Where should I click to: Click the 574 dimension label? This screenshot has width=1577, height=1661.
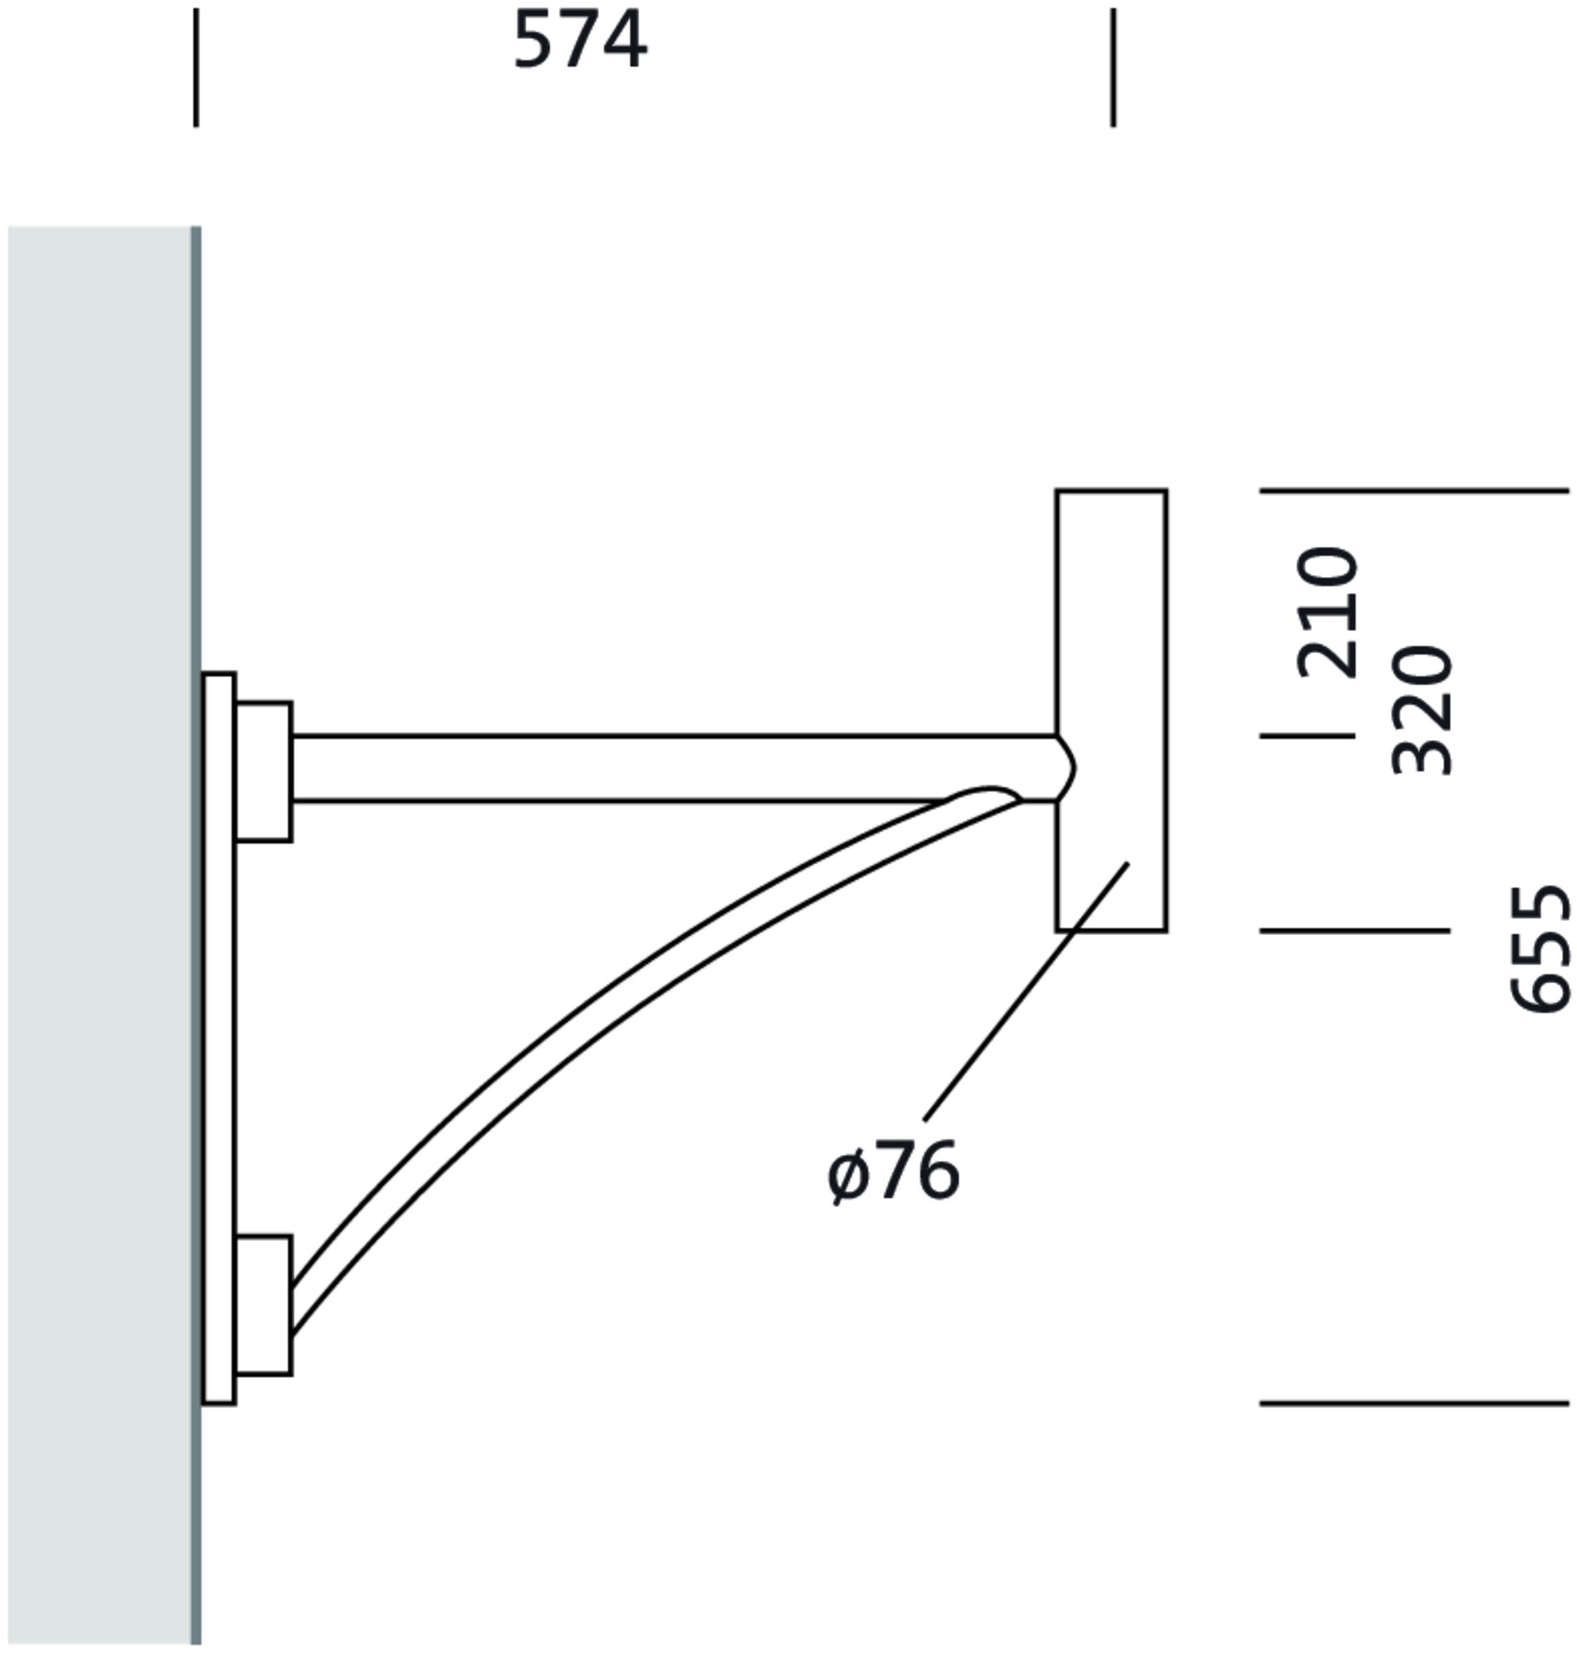pos(579,41)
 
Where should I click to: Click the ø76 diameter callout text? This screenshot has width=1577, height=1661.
pos(893,1172)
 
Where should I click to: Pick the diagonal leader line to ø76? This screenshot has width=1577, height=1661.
pos(1026,992)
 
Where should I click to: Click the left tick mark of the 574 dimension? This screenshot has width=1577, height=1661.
pos(196,67)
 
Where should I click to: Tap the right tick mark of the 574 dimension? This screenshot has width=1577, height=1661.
pos(1113,67)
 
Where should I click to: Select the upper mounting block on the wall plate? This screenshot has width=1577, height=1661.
pos(264,771)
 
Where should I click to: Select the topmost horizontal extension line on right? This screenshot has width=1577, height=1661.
pos(1413,489)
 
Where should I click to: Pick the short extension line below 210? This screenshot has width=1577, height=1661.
pos(1307,736)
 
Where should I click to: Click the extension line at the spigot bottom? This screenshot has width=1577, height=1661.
pos(1354,930)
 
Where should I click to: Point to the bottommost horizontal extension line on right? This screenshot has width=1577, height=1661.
pos(1413,1403)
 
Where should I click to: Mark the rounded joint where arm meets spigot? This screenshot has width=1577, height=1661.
pos(1065,768)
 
